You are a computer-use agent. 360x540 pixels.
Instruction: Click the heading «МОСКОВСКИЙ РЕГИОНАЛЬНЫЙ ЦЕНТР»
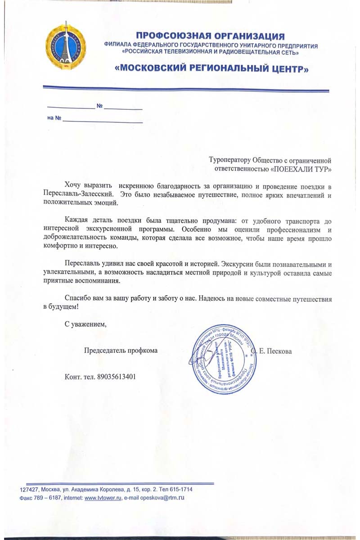tap(212, 69)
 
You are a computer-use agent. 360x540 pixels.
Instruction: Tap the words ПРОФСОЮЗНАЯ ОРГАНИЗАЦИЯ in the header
tap(211, 36)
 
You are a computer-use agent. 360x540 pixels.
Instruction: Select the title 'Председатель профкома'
tap(121, 351)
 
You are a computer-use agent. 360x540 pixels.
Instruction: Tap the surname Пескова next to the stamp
tap(279, 351)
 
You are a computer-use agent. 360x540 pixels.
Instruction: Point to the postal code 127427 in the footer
tap(30, 490)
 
